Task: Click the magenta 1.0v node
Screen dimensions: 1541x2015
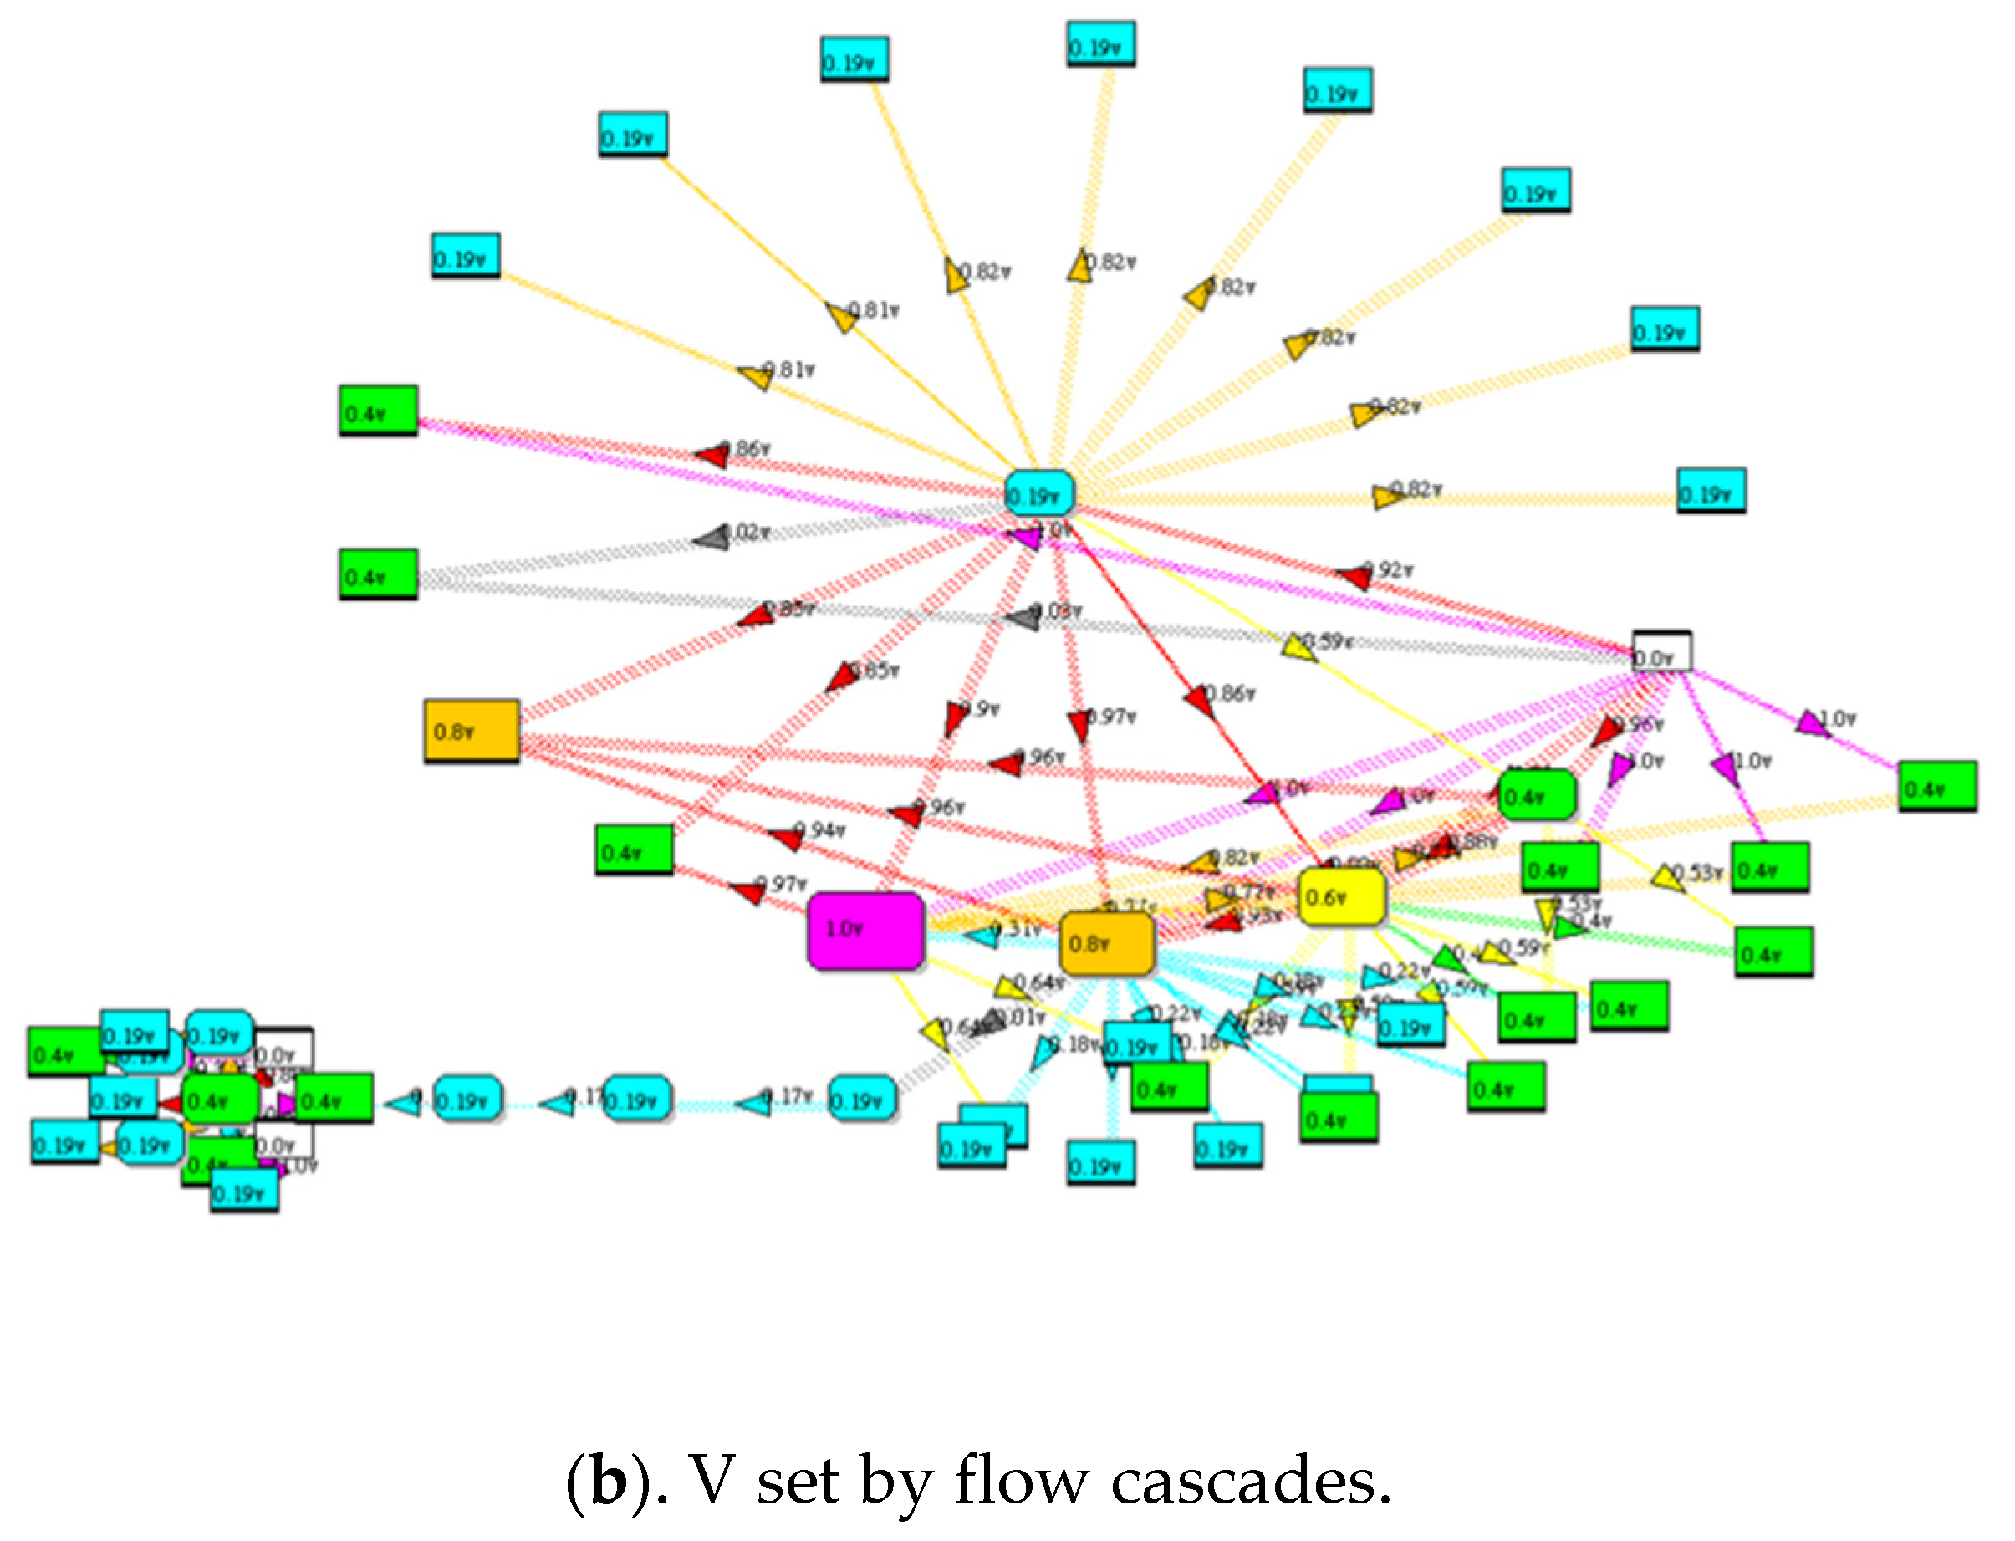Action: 865,930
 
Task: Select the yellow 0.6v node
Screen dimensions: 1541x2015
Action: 1341,897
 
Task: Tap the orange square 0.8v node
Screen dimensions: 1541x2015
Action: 472,731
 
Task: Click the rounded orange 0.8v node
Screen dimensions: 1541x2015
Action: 1106,944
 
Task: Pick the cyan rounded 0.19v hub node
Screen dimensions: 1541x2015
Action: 1038,495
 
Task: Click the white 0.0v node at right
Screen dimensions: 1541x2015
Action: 1661,651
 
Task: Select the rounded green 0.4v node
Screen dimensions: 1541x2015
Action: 1536,795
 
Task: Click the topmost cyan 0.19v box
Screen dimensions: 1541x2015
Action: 1099,45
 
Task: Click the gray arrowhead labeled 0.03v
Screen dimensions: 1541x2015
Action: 1023,617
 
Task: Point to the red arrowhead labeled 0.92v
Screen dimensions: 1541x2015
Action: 1354,576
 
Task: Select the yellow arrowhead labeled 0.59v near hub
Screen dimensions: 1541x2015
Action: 1298,646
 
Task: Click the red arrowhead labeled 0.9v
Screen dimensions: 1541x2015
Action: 956,717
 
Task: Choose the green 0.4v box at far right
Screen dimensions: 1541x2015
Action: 1936,786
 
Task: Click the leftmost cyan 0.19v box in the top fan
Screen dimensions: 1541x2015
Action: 466,256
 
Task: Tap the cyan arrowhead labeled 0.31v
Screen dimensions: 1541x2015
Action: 984,936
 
